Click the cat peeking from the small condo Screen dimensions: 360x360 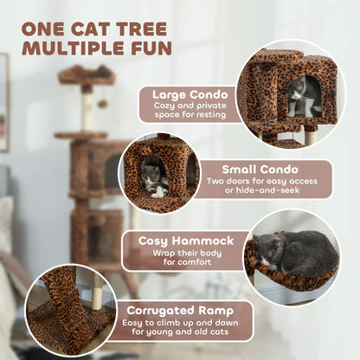[x=153, y=179]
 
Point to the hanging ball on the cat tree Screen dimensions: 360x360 [x=101, y=104]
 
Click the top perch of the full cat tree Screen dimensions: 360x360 [x=87, y=74]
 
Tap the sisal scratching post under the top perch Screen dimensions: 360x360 [x=87, y=110]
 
